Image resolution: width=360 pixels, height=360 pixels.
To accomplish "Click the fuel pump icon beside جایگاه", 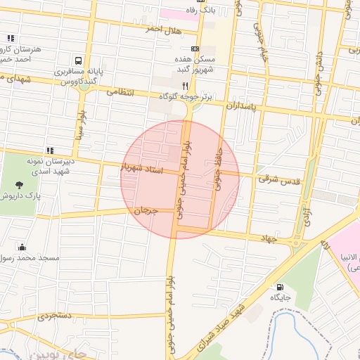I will (x=281, y=287).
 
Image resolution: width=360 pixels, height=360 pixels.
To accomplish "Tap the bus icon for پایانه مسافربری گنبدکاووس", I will (x=79, y=61).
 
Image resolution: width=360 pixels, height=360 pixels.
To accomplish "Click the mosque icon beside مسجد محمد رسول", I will (x=22, y=247).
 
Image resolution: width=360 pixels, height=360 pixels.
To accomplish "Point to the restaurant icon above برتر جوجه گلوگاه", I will (x=185, y=85).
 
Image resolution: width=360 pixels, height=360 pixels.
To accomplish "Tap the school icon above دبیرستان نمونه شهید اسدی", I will (x=50, y=150).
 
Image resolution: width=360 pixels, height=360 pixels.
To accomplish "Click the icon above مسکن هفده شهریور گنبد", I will (x=195, y=49).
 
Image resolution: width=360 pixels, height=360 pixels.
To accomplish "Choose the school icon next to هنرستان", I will (x=10, y=39).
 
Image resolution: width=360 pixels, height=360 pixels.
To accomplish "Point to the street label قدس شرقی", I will (x=278, y=180).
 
